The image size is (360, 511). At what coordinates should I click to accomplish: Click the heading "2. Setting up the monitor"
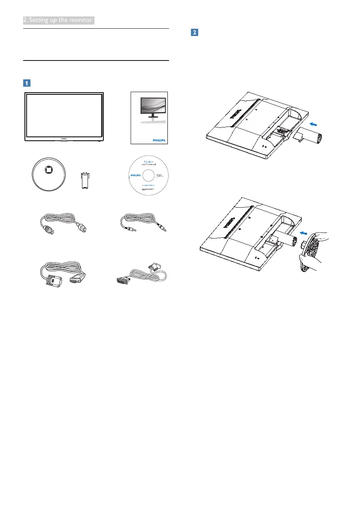point(58,20)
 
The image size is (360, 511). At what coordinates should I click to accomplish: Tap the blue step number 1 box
point(27,82)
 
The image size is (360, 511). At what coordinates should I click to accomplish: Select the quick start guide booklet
point(148,118)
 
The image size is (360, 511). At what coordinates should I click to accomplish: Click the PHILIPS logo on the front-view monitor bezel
point(63,138)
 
